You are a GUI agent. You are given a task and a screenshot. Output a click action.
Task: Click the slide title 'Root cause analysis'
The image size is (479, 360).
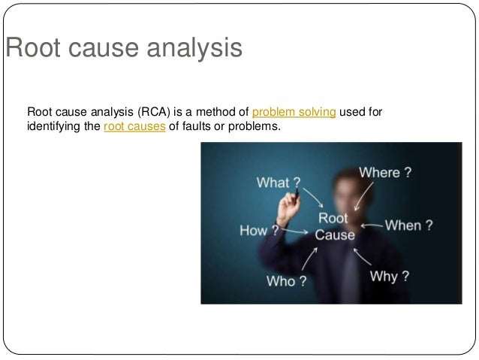pyautogui.click(x=124, y=49)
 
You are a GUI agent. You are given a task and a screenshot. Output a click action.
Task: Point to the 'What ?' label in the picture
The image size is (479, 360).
pyautogui.click(x=279, y=183)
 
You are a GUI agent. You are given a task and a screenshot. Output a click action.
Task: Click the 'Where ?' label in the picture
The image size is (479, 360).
pyautogui.click(x=384, y=172)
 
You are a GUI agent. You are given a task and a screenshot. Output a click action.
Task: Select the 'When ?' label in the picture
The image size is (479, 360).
pyautogui.click(x=408, y=225)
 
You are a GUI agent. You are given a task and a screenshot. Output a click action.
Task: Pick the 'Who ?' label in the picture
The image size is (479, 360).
pyautogui.click(x=287, y=281)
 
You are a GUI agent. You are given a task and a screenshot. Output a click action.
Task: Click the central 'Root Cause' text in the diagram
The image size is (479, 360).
pyautogui.click(x=334, y=226)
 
